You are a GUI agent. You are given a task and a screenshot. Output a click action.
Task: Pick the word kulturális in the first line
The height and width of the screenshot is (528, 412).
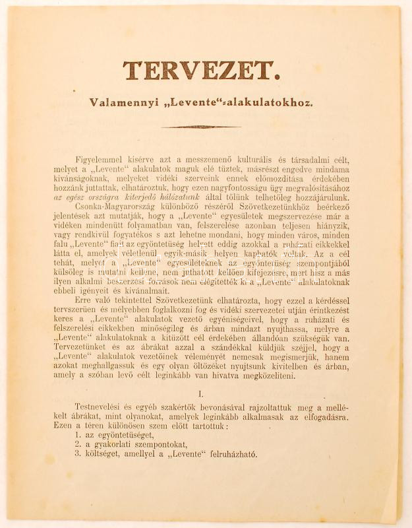tap(264, 161)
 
